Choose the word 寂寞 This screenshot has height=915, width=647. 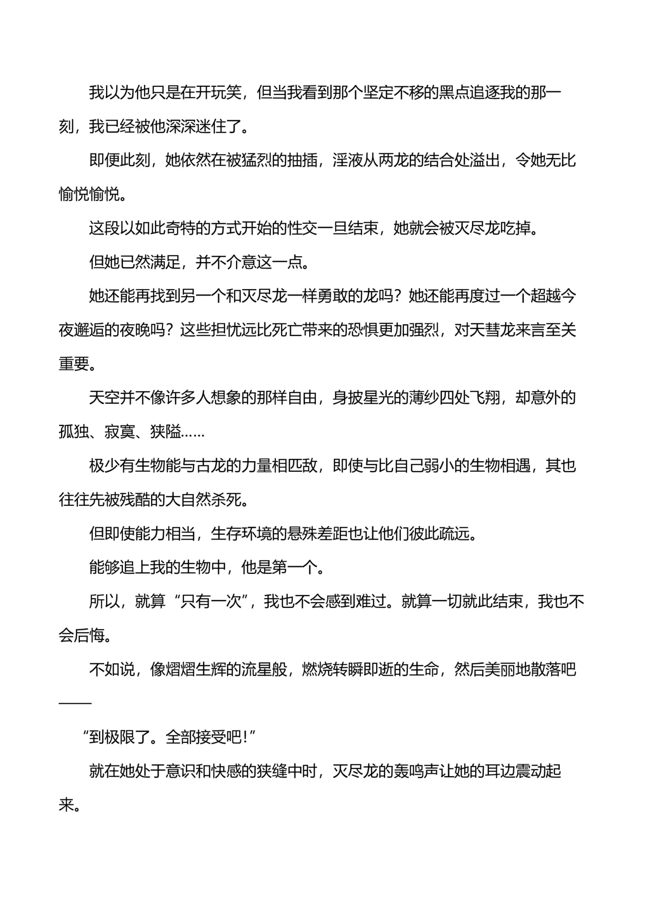tap(120, 431)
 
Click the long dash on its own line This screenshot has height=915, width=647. tap(75, 703)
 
